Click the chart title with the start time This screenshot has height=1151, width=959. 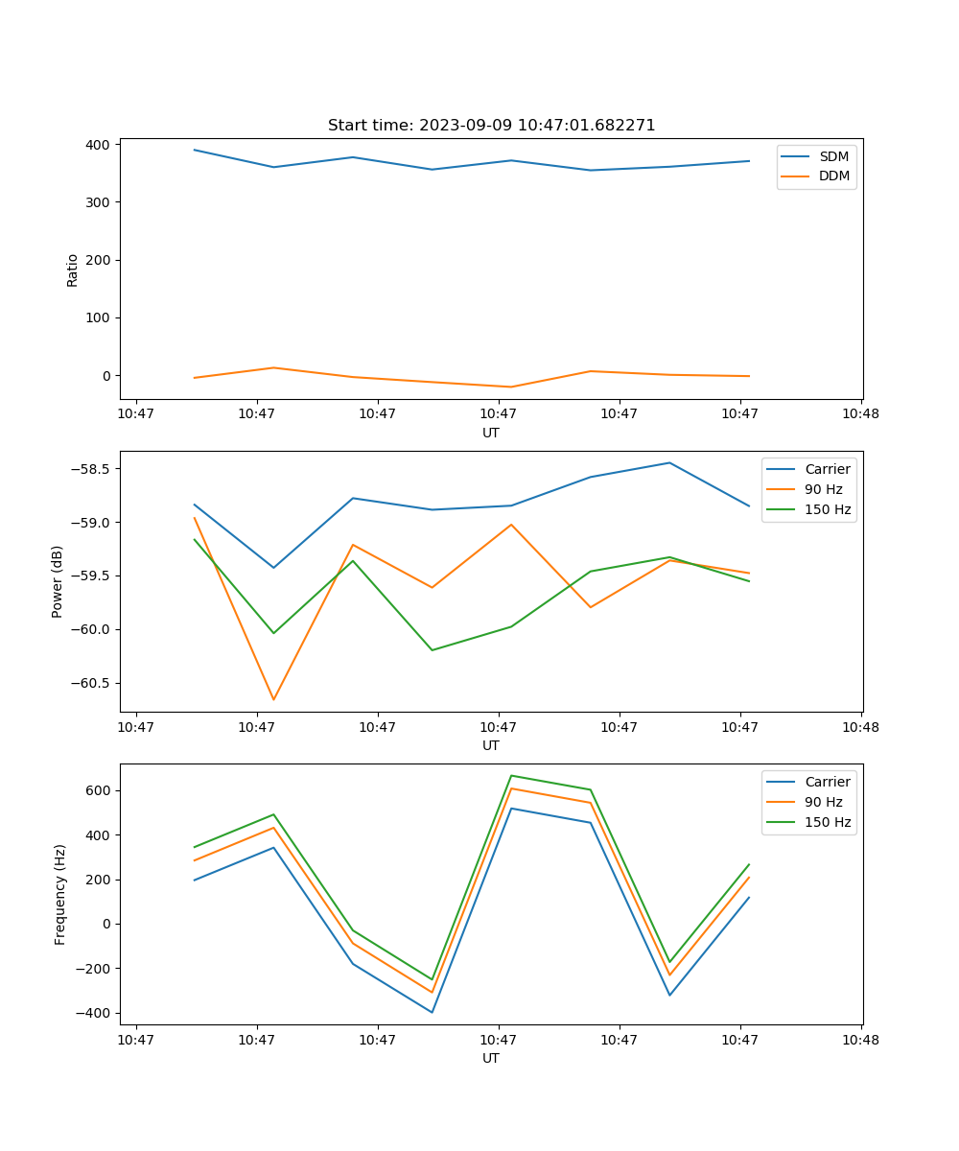(491, 126)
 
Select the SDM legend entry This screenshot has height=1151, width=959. (833, 155)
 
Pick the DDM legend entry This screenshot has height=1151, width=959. (833, 176)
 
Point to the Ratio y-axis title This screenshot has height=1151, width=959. (73, 270)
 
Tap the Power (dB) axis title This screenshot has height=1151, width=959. (58, 581)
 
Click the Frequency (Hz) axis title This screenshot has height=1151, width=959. (60, 894)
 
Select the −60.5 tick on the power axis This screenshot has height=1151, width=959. (89, 683)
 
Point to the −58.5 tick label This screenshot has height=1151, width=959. (89, 469)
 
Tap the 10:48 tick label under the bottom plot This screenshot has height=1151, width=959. (860, 1040)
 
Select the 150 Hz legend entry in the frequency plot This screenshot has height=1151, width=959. (828, 822)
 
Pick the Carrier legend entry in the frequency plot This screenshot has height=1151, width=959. (827, 782)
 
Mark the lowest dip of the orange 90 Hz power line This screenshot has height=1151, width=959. (273, 699)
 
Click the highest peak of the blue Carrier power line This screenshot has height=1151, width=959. (669, 462)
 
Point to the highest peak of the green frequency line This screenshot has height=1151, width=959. (511, 775)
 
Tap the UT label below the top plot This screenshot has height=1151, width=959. (491, 433)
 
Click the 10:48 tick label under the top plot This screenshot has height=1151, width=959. (860, 414)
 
